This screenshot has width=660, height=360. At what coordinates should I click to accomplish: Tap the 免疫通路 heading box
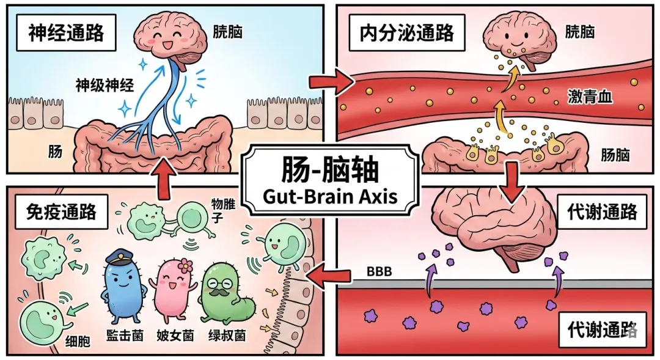click(62, 211)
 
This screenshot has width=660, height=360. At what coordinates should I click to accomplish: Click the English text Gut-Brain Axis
click(330, 196)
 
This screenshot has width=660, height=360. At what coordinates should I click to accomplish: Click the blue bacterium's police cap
click(120, 257)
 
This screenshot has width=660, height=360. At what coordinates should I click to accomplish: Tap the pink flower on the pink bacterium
click(185, 265)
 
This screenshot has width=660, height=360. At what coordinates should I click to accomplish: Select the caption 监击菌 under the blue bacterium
click(124, 335)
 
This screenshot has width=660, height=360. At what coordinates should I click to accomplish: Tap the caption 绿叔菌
click(227, 335)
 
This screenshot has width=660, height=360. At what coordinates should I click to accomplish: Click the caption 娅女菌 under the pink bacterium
click(175, 335)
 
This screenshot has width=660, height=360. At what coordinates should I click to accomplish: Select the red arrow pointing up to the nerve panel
click(163, 178)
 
